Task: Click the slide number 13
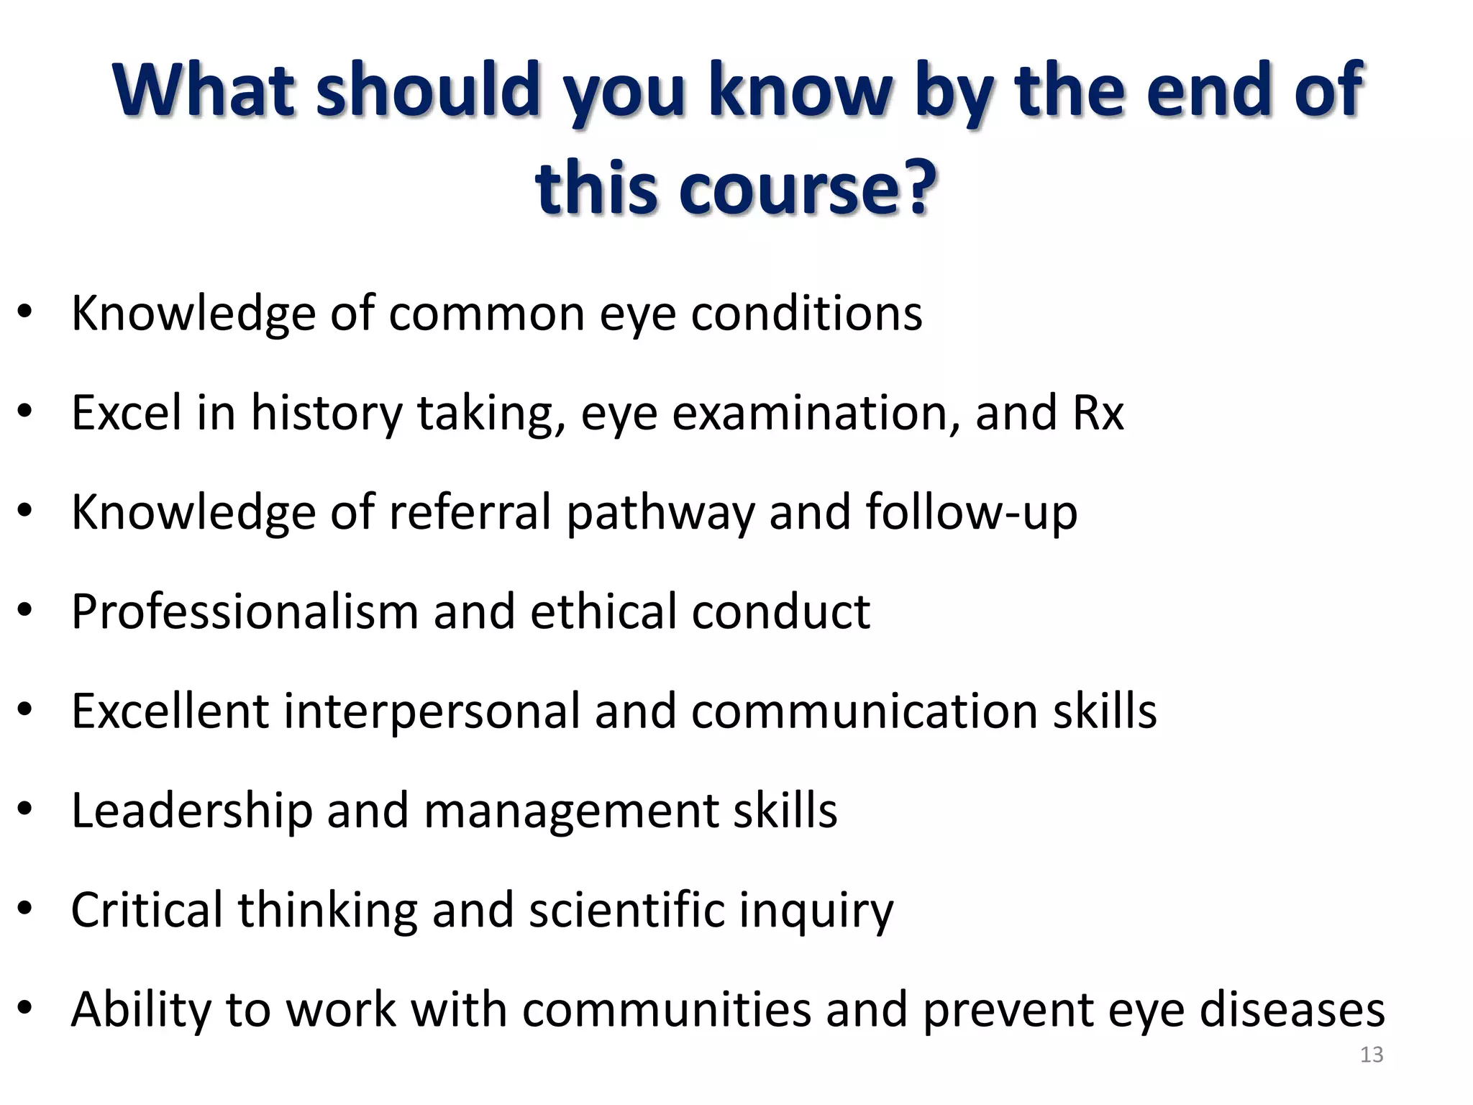tap(1372, 1055)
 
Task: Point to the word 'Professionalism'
tap(245, 611)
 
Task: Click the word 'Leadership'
tap(192, 810)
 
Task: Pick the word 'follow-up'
tap(971, 512)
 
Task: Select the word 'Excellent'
tap(170, 711)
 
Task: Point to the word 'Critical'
tap(147, 910)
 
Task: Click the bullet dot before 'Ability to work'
tap(25, 1007)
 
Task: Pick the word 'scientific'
tap(626, 910)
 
